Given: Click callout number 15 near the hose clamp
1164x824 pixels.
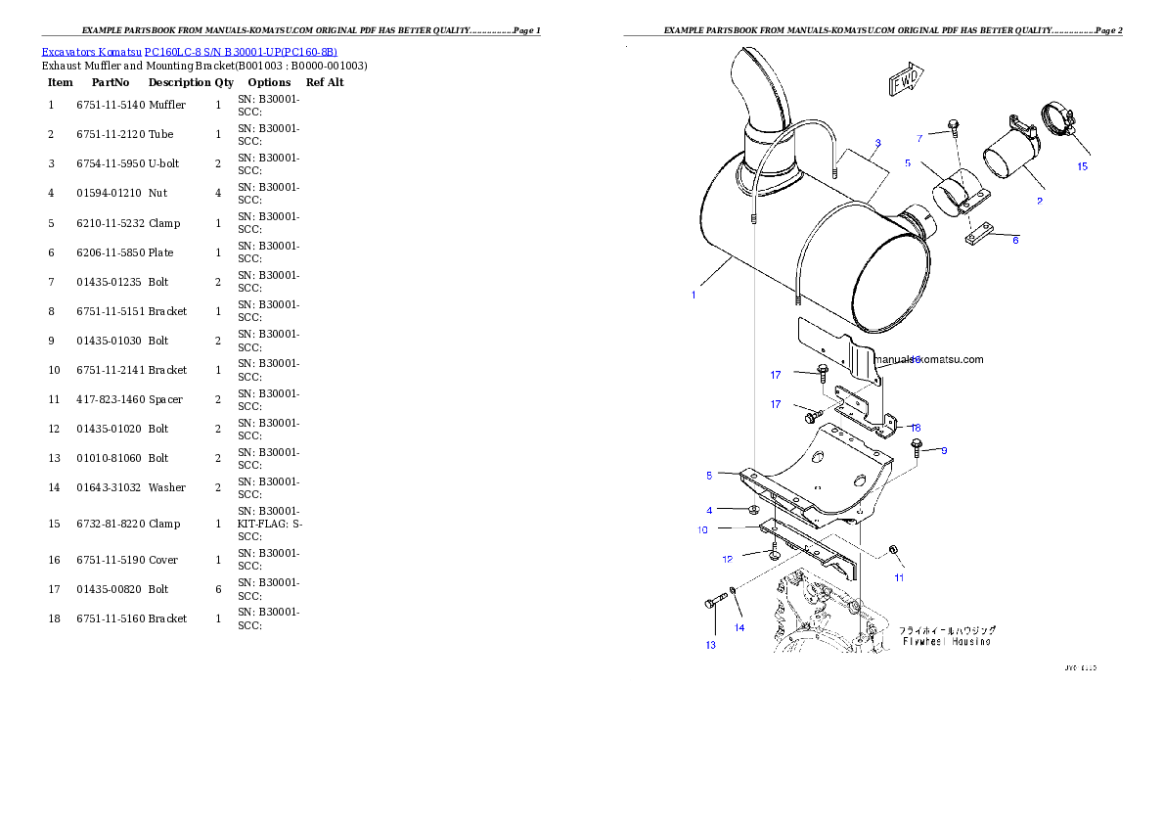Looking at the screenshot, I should tap(1082, 165).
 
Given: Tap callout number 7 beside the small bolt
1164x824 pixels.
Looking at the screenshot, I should tap(919, 138).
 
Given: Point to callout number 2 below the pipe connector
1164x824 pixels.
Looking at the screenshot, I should tap(1039, 201).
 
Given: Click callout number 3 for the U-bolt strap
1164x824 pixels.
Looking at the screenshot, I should tap(877, 143).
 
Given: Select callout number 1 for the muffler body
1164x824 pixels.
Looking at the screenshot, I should tap(694, 295).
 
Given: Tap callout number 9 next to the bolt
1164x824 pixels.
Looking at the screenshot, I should tap(944, 451).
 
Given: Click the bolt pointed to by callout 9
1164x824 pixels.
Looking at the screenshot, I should tap(917, 448).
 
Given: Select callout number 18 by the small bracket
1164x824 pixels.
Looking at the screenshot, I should tap(916, 428).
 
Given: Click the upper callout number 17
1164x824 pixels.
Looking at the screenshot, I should tap(775, 374).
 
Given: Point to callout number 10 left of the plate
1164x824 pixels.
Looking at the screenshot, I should tap(702, 530).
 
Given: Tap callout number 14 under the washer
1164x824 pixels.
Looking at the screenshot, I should tap(739, 627).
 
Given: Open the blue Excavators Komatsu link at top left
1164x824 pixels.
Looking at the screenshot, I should tap(189, 52).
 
